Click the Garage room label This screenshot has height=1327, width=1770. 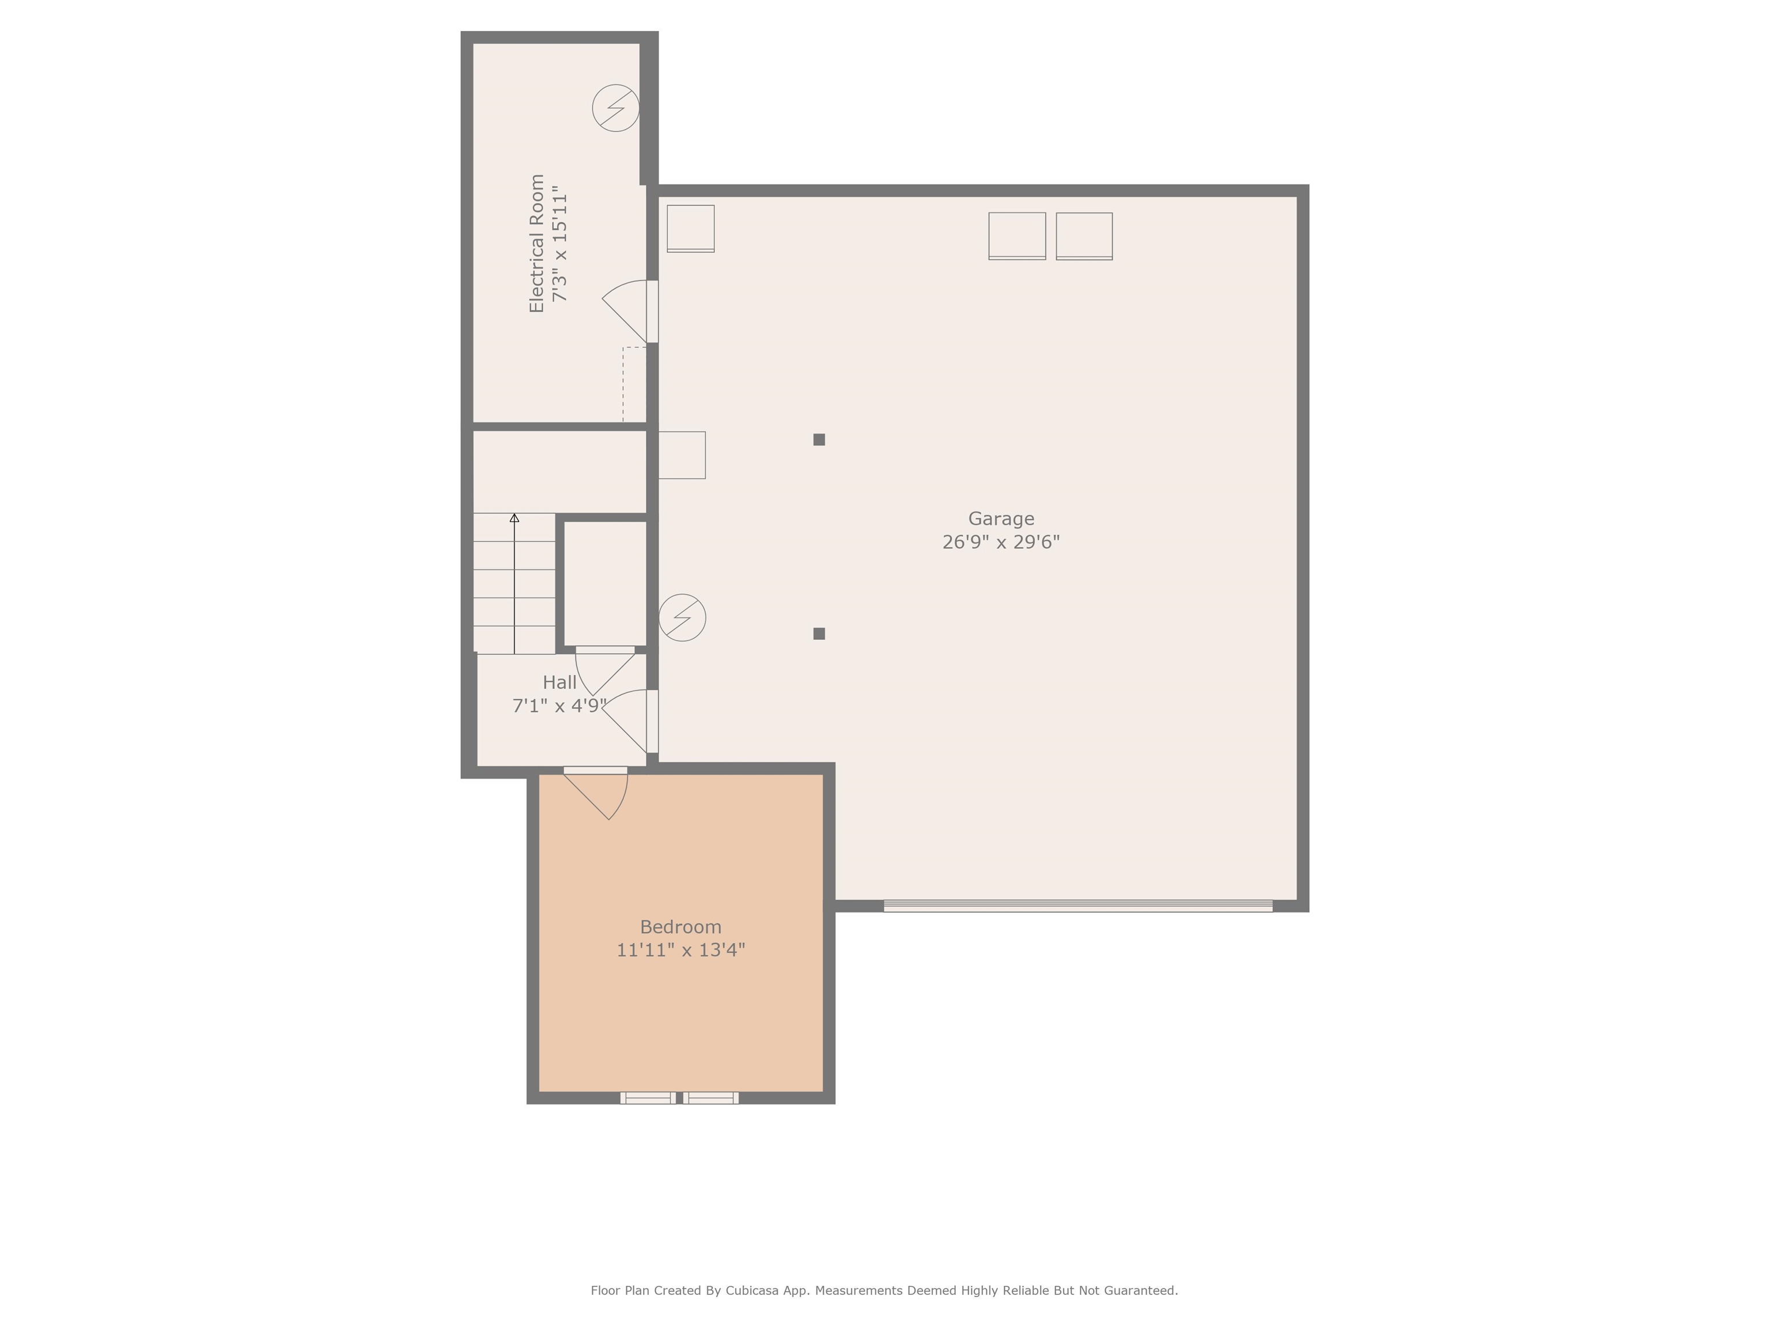point(1000,518)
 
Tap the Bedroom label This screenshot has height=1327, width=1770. point(680,927)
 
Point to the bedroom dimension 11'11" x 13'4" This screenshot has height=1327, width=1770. point(680,950)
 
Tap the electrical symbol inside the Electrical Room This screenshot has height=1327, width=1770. point(615,108)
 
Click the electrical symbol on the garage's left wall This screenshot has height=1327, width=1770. point(682,617)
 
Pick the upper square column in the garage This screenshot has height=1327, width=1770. point(819,439)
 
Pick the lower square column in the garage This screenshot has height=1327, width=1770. point(819,634)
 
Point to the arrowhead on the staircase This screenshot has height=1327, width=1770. point(515,518)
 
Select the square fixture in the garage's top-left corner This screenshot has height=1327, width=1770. point(690,228)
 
